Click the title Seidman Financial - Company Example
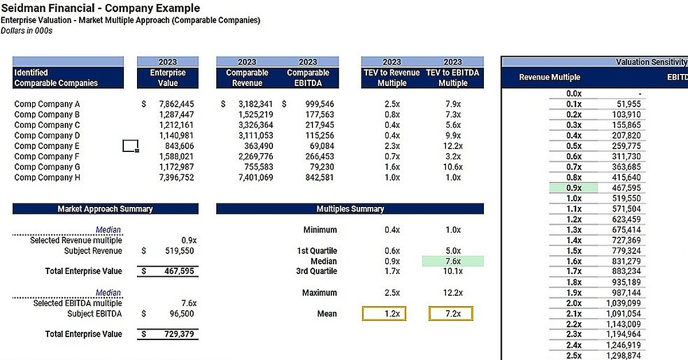(100, 8)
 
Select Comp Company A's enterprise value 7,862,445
(176, 104)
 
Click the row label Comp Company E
(47, 146)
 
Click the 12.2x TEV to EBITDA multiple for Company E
(452, 146)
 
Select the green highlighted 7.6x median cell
(453, 261)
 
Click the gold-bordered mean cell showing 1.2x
(392, 314)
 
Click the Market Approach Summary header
(105, 209)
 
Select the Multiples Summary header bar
(350, 209)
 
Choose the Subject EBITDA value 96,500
(182, 314)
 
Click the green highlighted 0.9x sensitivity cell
(573, 188)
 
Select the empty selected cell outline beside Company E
(131, 146)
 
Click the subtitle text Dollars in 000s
(26, 30)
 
